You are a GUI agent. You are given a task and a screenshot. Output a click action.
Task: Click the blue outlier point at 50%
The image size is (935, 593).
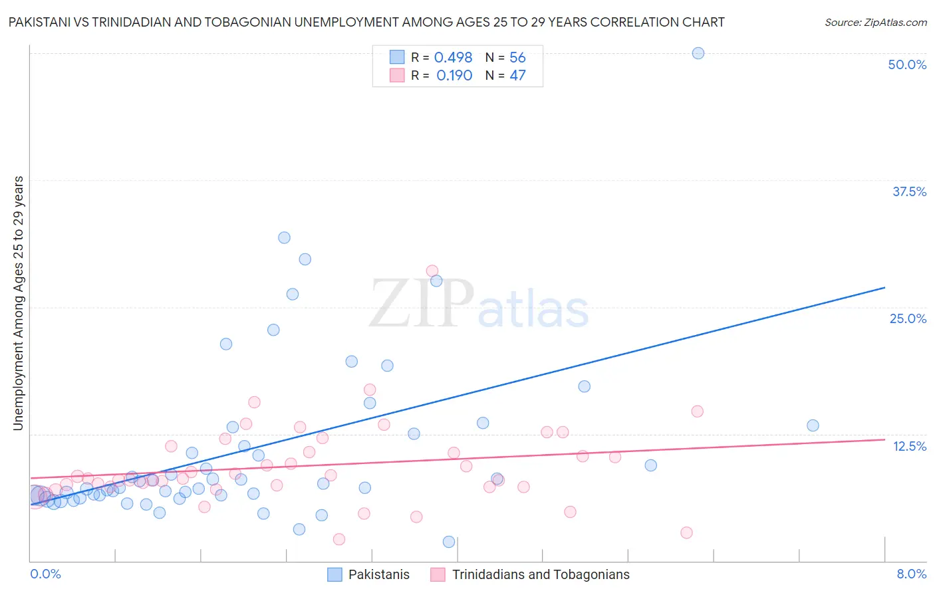coord(698,53)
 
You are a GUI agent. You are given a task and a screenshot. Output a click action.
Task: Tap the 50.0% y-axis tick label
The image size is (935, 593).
coord(907,64)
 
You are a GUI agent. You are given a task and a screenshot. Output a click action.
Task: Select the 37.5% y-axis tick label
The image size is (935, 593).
coord(909,191)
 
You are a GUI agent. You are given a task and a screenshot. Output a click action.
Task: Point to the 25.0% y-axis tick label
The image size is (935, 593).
coord(908,318)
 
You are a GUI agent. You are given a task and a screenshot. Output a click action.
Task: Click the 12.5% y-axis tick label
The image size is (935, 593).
coord(909,446)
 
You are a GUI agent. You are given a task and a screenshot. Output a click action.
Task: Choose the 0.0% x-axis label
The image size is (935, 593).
coord(45,574)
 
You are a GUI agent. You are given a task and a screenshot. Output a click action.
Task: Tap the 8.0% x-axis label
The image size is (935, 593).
coord(911,574)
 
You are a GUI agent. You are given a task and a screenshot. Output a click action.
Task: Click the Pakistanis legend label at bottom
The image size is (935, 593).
coord(379,574)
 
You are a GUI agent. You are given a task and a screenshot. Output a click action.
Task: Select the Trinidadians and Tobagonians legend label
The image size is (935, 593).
coord(541,574)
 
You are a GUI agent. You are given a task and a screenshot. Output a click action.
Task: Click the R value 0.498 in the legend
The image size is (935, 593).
coord(453,58)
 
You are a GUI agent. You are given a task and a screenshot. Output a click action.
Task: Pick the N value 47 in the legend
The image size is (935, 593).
coord(517,76)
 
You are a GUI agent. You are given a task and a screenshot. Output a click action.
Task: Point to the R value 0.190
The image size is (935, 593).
coord(454,76)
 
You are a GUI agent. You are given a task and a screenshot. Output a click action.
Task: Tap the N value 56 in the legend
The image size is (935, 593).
coord(517,58)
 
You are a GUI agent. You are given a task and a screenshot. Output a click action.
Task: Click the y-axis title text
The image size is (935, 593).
coord(19,302)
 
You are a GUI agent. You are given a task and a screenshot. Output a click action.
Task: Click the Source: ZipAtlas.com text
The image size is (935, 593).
coord(875,22)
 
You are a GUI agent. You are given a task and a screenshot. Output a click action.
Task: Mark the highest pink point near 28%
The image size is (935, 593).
coord(432,271)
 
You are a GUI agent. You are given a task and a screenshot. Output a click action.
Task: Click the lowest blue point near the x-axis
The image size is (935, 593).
coord(449,542)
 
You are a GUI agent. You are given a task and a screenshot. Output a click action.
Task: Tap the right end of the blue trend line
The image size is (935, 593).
coord(884,287)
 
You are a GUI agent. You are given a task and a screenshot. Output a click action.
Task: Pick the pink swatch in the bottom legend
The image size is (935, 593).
coord(438,574)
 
